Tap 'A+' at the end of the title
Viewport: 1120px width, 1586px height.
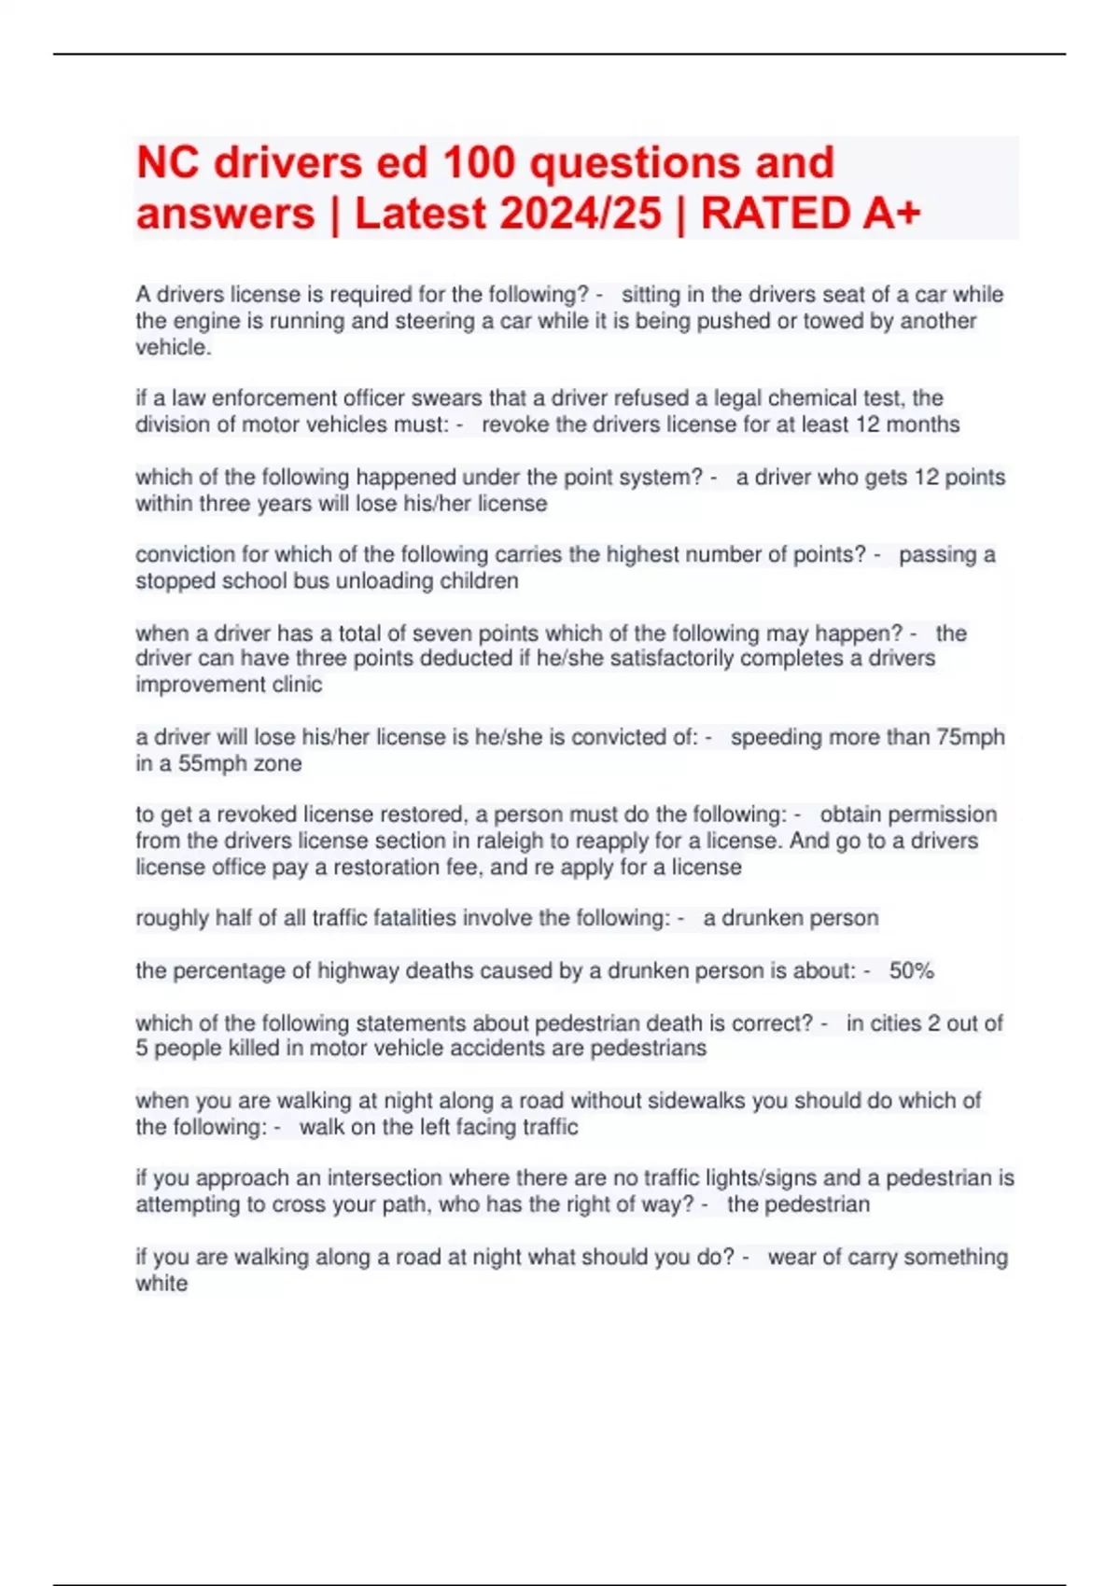pyautogui.click(x=890, y=214)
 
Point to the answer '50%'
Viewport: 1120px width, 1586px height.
pyautogui.click(x=911, y=970)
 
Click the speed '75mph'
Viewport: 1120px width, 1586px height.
pyautogui.click(x=970, y=737)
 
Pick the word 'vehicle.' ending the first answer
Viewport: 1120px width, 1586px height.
pyautogui.click(x=174, y=347)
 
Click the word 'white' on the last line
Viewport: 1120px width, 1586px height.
pyautogui.click(x=161, y=1283)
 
